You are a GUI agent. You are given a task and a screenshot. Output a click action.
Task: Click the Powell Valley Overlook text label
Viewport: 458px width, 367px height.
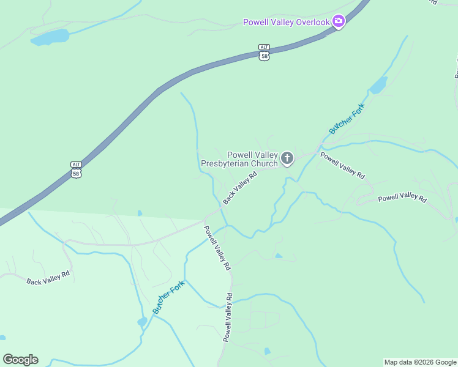point(287,22)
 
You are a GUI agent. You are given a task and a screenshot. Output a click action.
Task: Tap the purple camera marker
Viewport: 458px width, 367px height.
point(339,22)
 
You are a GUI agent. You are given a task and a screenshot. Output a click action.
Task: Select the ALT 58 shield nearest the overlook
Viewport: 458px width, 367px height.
point(264,52)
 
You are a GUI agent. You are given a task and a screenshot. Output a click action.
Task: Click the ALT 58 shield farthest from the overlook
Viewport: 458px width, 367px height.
point(76,169)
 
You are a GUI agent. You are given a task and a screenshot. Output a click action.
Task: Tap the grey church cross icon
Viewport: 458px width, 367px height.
point(287,159)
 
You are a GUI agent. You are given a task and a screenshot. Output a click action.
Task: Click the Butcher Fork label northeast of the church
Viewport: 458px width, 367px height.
point(347,119)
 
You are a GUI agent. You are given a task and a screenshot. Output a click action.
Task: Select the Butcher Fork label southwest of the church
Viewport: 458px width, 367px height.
point(168,297)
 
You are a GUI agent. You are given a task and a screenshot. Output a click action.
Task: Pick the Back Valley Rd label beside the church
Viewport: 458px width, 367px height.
point(239,188)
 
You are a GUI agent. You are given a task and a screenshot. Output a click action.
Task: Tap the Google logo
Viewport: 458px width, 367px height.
point(20,360)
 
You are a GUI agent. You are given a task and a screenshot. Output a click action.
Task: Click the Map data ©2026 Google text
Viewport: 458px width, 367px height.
point(420,362)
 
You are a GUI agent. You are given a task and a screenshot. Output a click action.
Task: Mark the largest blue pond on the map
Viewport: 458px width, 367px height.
point(50,37)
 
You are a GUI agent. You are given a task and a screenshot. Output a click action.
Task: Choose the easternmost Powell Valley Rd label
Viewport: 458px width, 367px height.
point(402,197)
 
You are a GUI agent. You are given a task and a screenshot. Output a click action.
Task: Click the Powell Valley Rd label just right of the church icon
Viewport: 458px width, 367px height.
point(342,165)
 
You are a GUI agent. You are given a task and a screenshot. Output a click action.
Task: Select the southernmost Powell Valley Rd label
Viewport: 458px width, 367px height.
point(227,317)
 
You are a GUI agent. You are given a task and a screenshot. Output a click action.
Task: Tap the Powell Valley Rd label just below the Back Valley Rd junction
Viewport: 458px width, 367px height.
point(217,248)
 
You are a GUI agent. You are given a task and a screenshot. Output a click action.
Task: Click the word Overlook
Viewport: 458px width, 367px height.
point(313,22)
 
